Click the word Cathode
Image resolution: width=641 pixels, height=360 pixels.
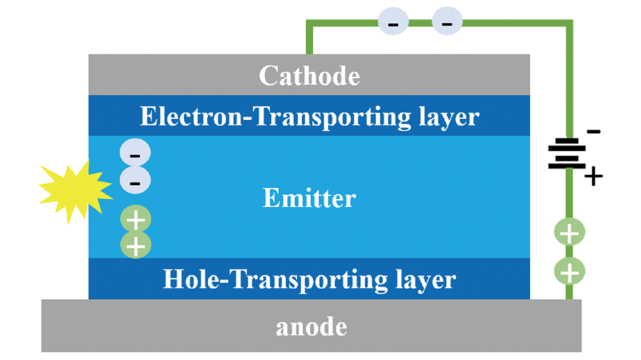[309, 76]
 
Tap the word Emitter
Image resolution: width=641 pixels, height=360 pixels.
[309, 199]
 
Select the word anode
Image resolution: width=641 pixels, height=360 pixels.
[311, 327]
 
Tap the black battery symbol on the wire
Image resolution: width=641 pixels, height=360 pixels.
[567, 154]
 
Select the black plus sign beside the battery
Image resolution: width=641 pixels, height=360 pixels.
[594, 176]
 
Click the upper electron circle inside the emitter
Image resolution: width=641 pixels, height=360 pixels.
[135, 154]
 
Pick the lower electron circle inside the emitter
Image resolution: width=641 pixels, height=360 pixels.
[135, 182]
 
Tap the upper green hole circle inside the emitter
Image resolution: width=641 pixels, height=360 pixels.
[135, 220]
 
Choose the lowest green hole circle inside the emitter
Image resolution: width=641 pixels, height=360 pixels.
[135, 245]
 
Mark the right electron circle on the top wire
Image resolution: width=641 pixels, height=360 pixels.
[447, 24]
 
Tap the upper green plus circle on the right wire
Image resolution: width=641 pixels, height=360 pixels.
[569, 233]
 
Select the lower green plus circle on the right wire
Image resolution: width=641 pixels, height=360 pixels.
[569, 273]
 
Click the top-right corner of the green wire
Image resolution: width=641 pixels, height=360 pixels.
[569, 24]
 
